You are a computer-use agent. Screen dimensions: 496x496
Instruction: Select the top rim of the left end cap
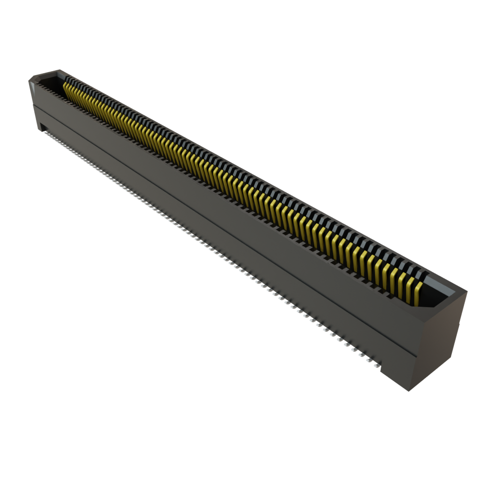[x=46, y=74]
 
